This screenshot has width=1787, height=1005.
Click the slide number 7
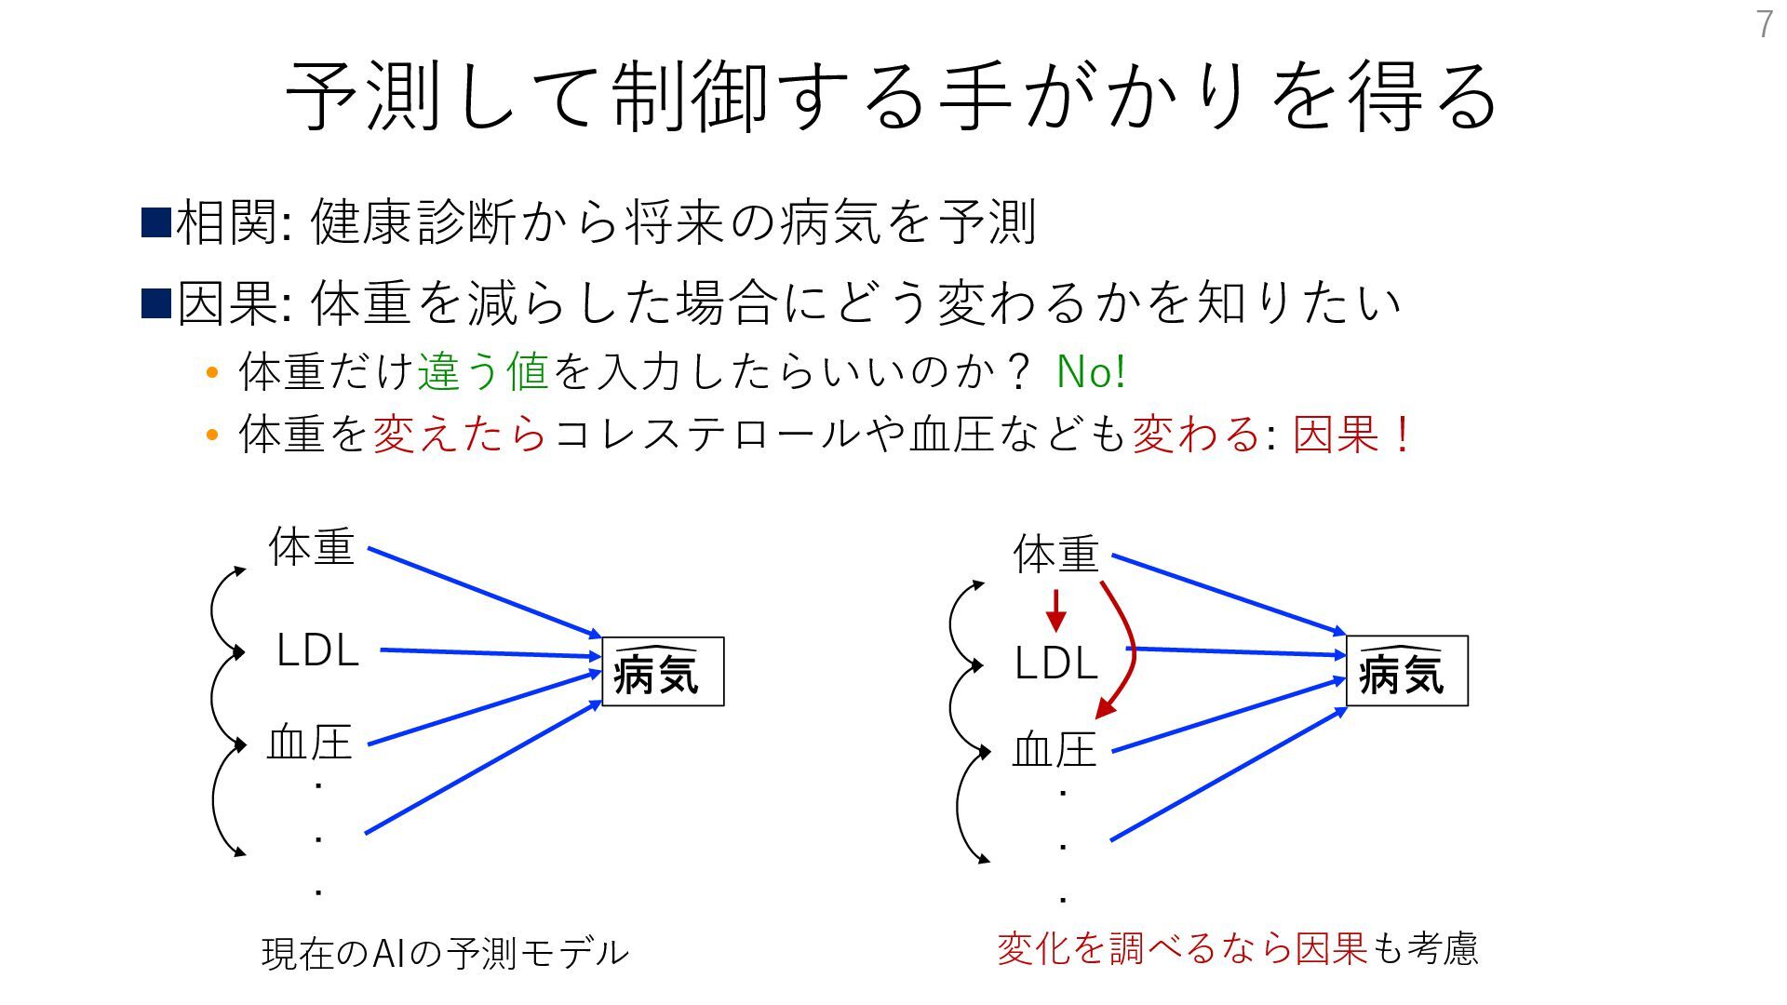pos(1765,25)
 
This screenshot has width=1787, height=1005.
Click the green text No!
pos(1091,372)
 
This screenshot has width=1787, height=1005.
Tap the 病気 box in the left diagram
pos(663,672)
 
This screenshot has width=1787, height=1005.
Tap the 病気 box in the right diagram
pos(1406,672)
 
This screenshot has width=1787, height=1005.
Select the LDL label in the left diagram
pos(317,651)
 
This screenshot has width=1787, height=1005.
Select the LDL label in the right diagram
pos(1055,663)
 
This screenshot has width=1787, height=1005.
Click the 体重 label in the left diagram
pos(312,547)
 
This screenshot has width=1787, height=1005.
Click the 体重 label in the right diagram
pos(1056,555)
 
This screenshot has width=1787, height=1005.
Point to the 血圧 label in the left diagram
pos(310,744)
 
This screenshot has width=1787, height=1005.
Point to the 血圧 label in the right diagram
pos(1055,750)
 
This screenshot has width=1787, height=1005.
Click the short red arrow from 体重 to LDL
pos(1055,610)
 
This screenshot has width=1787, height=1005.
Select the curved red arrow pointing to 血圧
pos(1128,651)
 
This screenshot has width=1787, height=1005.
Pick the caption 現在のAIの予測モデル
pos(445,953)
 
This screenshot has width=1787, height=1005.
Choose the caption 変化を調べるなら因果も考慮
pos(1237,949)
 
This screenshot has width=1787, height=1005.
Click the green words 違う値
pos(483,372)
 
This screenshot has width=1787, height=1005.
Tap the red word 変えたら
pos(460,435)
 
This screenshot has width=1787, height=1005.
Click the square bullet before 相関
pos(155,223)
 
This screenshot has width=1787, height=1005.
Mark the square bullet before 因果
pos(155,303)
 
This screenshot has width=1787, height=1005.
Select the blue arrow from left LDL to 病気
pos(489,653)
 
